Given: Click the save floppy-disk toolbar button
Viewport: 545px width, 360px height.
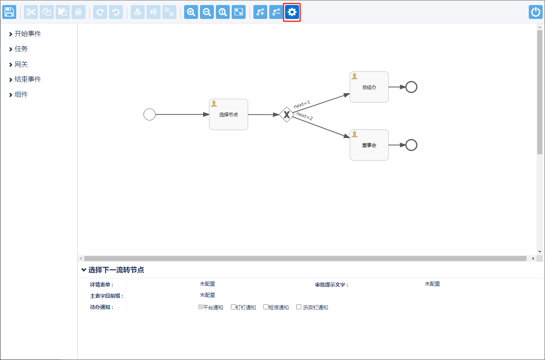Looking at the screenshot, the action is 9,12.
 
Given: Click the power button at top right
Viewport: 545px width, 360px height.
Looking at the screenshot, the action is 535,12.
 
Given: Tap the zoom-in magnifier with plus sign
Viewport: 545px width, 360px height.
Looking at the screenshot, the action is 191,12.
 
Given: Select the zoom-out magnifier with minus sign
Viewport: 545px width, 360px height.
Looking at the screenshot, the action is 207,12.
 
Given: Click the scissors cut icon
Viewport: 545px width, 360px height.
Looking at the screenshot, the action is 31,12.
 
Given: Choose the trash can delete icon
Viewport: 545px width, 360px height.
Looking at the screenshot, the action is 79,12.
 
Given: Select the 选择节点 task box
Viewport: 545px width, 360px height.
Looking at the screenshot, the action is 229,114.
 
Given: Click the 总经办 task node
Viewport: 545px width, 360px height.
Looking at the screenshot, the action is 369,87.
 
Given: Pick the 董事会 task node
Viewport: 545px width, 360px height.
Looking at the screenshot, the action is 369,145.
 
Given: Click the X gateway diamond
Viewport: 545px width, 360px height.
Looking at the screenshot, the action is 287,114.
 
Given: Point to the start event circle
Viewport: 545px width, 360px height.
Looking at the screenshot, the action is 149,114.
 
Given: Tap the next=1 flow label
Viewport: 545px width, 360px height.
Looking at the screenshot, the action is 302,104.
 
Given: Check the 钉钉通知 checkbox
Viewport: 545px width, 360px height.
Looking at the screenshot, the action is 233,307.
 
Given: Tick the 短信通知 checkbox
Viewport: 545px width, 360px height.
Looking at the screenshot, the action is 266,307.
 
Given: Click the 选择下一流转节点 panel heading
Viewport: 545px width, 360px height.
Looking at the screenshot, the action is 116,270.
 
